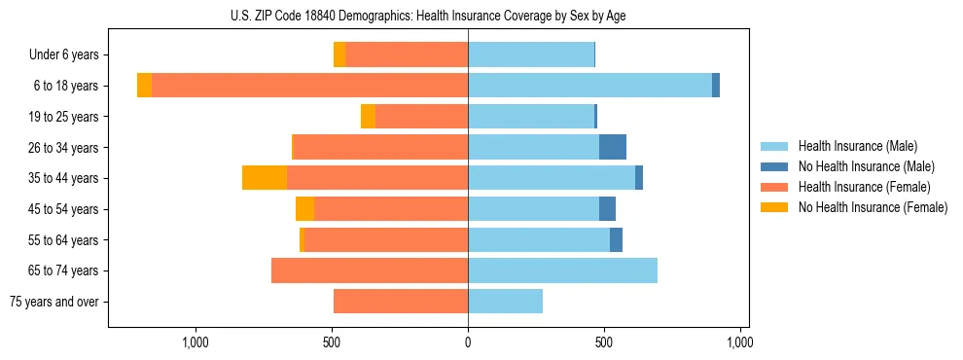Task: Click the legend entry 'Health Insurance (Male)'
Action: coord(857,146)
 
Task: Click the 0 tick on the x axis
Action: coord(468,342)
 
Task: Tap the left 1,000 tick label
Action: coord(196,342)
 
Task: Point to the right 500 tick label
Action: coord(604,342)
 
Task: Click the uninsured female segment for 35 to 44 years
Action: coord(265,178)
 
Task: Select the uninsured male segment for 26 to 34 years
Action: coord(613,148)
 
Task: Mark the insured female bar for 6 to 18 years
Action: coord(309,86)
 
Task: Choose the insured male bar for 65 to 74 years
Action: coord(562,270)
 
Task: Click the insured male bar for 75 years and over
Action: coord(505,302)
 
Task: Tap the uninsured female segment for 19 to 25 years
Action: coord(368,117)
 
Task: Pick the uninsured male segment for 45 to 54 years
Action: coord(607,209)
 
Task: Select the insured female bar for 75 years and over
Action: coord(401,302)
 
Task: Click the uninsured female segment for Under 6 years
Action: coord(339,55)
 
